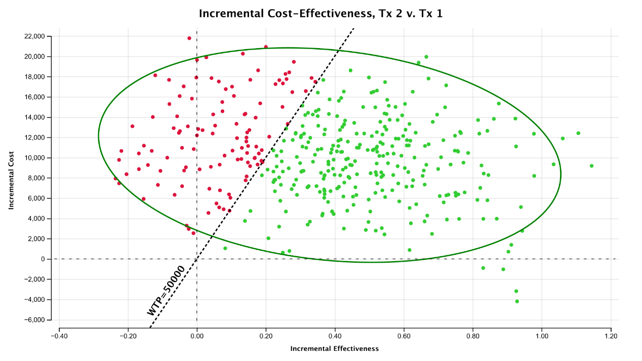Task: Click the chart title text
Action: (320, 14)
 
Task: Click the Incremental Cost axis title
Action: (11, 177)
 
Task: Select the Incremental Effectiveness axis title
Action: (334, 349)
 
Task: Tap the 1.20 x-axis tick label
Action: (611, 335)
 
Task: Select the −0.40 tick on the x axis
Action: (59, 335)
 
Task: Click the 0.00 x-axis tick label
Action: (197, 335)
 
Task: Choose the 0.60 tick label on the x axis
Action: (404, 335)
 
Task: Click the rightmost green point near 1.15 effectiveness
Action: (591, 166)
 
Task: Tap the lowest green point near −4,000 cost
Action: (517, 301)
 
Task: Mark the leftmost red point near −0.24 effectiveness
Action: (115, 178)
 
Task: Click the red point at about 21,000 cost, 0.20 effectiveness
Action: (266, 47)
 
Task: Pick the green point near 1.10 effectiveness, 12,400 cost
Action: (578, 133)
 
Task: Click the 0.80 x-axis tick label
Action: (473, 335)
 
